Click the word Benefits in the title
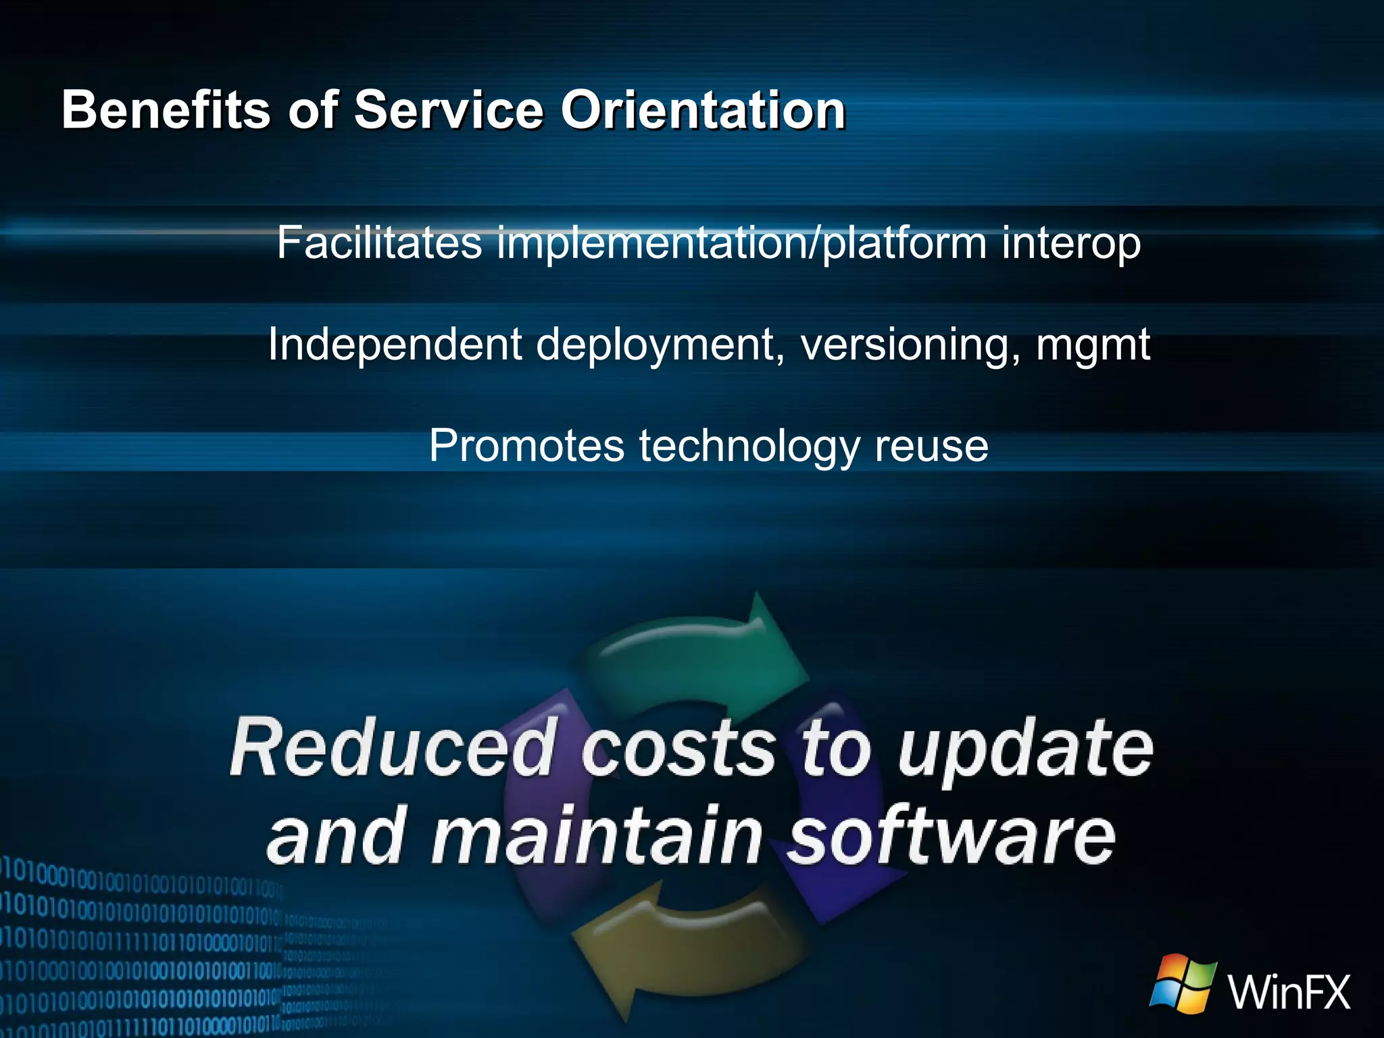tap(166, 109)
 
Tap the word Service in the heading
tap(449, 109)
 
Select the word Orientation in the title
tap(703, 109)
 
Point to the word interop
tap(1071, 243)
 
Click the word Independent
tap(395, 345)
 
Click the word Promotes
tap(526, 446)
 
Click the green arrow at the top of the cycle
tap(703, 649)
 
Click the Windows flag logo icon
tap(1183, 983)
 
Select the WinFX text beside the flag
tap(1289, 992)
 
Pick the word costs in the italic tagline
tap(678, 749)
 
